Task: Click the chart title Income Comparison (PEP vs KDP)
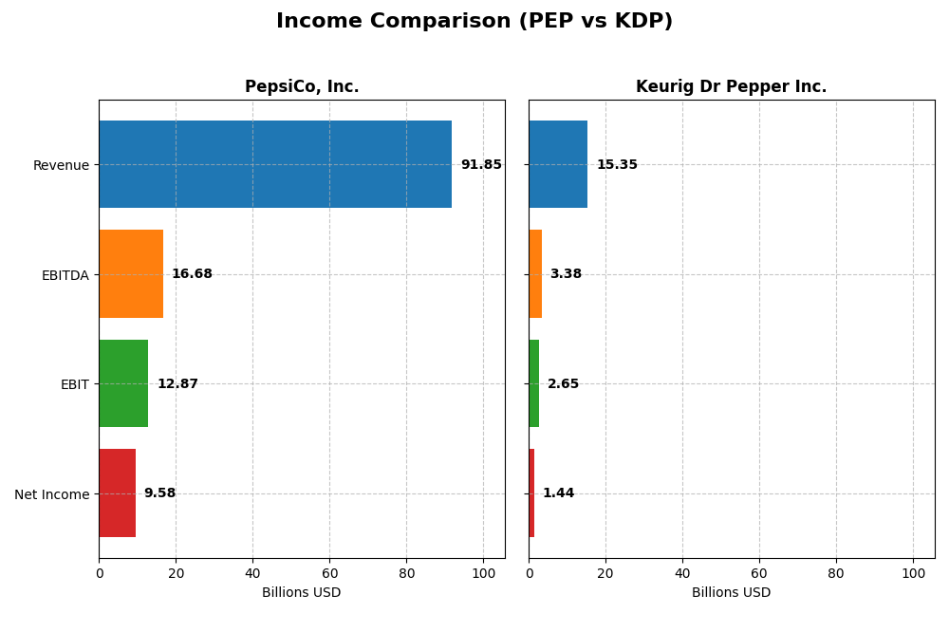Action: coord(474,21)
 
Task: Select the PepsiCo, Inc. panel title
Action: coord(302,87)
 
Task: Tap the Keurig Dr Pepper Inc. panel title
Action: coord(731,87)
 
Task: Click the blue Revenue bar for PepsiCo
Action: coord(275,164)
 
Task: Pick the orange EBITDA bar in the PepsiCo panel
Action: coord(131,274)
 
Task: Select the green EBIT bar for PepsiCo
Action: coord(123,383)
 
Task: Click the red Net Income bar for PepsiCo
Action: coord(117,493)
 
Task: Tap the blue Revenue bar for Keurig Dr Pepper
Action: coord(558,164)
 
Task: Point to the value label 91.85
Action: coord(481,165)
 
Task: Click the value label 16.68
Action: coord(192,274)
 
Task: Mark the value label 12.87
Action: coord(177,384)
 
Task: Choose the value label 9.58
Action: coord(159,493)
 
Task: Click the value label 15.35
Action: coord(617,165)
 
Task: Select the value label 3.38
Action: coord(566,274)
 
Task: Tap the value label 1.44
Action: coord(558,493)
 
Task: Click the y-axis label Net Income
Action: coord(52,494)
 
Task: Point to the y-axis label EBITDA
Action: coord(65,275)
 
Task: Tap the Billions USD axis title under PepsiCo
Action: coord(302,593)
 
